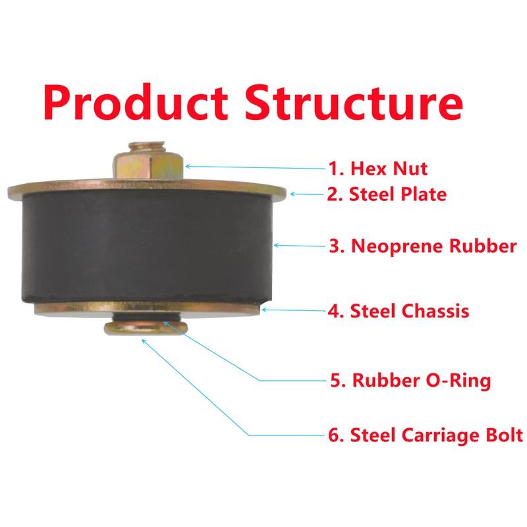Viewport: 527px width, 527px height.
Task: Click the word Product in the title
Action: [135, 102]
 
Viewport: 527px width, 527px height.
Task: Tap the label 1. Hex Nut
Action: [378, 169]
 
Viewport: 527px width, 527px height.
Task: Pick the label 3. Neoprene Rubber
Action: [422, 247]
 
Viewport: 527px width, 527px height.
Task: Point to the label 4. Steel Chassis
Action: [399, 310]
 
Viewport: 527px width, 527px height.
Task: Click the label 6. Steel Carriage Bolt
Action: [426, 435]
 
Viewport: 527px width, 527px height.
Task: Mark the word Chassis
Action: [435, 310]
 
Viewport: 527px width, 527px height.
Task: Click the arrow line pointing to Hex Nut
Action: [257, 167]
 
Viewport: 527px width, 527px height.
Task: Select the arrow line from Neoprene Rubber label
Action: [300, 246]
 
